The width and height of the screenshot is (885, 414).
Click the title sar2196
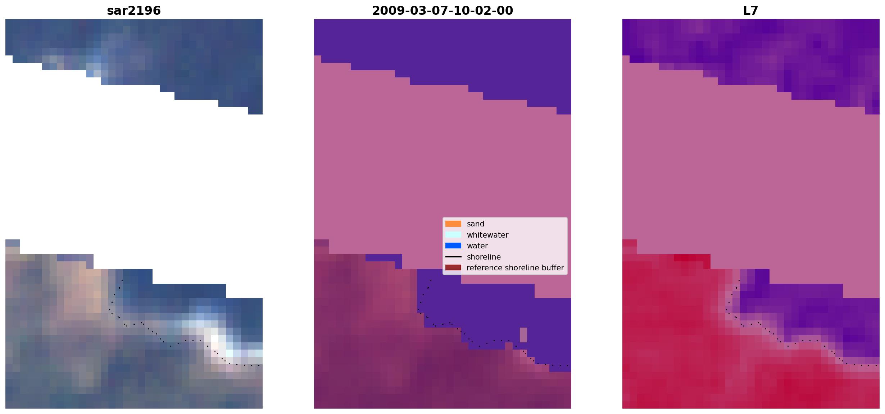pyautogui.click(x=134, y=11)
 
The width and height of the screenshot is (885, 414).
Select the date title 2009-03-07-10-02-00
pyautogui.click(x=442, y=11)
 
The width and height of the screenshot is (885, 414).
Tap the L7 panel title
pyautogui.click(x=751, y=11)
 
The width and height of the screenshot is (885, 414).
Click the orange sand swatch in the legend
pyautogui.click(x=453, y=224)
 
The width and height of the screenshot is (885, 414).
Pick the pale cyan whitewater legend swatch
pyautogui.click(x=453, y=235)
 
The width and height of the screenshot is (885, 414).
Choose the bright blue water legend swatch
pyautogui.click(x=453, y=246)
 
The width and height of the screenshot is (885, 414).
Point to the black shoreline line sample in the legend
pyautogui.click(x=453, y=257)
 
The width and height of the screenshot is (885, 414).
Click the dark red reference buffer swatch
pyautogui.click(x=453, y=268)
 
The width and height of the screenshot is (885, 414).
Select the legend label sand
pyautogui.click(x=476, y=224)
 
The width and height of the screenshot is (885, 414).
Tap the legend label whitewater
pyautogui.click(x=487, y=235)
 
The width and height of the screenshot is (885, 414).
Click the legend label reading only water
pyautogui.click(x=477, y=246)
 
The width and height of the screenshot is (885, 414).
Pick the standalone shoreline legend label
pyautogui.click(x=484, y=257)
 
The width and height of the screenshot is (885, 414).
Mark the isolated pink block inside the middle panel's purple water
pyautogui.click(x=523, y=335)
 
